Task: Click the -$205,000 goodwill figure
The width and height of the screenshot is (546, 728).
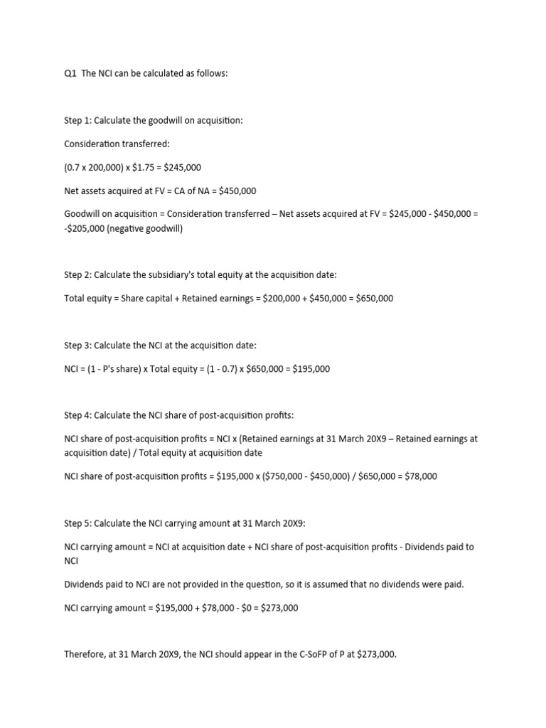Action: pyautogui.click(x=85, y=228)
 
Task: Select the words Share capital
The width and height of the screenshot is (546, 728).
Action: pyautogui.click(x=142, y=299)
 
